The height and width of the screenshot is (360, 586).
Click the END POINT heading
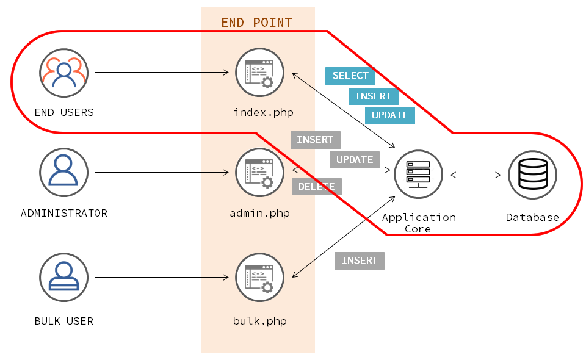pyautogui.click(x=256, y=23)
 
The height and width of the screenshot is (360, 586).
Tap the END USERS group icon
pyautogui.click(x=63, y=73)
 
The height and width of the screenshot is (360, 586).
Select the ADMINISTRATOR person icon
pyautogui.click(x=63, y=172)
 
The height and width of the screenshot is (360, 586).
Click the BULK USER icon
pyautogui.click(x=63, y=278)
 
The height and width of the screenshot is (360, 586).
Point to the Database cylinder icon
pyautogui.click(x=532, y=175)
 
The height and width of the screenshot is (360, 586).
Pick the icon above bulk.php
pyautogui.click(x=259, y=278)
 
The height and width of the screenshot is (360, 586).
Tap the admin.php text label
pyautogui.click(x=259, y=213)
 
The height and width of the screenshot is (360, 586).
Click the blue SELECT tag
pyautogui.click(x=350, y=76)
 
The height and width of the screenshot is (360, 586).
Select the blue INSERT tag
pyautogui.click(x=373, y=96)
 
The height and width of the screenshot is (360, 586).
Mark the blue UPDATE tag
pyautogui.click(x=390, y=115)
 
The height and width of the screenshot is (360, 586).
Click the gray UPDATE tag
pyautogui.click(x=355, y=160)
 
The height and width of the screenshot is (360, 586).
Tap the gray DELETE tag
pyautogui.click(x=316, y=187)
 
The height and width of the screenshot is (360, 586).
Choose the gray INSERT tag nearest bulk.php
pyautogui.click(x=360, y=261)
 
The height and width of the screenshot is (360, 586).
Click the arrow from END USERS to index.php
pyautogui.click(x=162, y=73)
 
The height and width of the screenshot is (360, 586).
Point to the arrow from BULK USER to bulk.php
pyautogui.click(x=162, y=278)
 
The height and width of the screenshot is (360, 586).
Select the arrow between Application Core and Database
pyautogui.click(x=476, y=175)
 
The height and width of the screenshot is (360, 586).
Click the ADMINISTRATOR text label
pyautogui.click(x=63, y=213)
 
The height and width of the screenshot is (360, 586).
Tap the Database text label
pyautogui.click(x=532, y=217)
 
